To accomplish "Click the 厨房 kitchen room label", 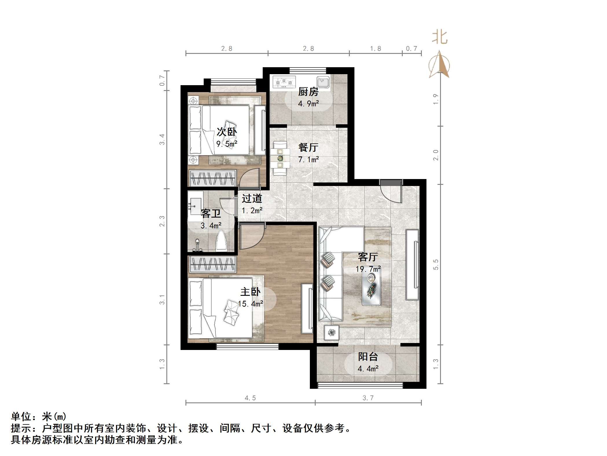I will (308, 92).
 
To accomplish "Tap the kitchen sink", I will (323, 82).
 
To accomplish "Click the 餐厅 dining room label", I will (308, 147).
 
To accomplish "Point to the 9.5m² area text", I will (227, 144).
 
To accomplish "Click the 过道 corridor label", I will (252, 198).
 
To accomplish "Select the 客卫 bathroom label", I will (211, 214).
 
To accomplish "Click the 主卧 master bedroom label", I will (250, 292).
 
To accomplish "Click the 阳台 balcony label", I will (368, 357).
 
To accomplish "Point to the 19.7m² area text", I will (368, 269).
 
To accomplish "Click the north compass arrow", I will (439, 65).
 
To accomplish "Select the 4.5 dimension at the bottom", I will (250, 398).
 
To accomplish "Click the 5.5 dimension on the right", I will (436, 265).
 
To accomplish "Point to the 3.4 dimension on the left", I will (162, 139).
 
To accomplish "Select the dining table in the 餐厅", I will (280, 158).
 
